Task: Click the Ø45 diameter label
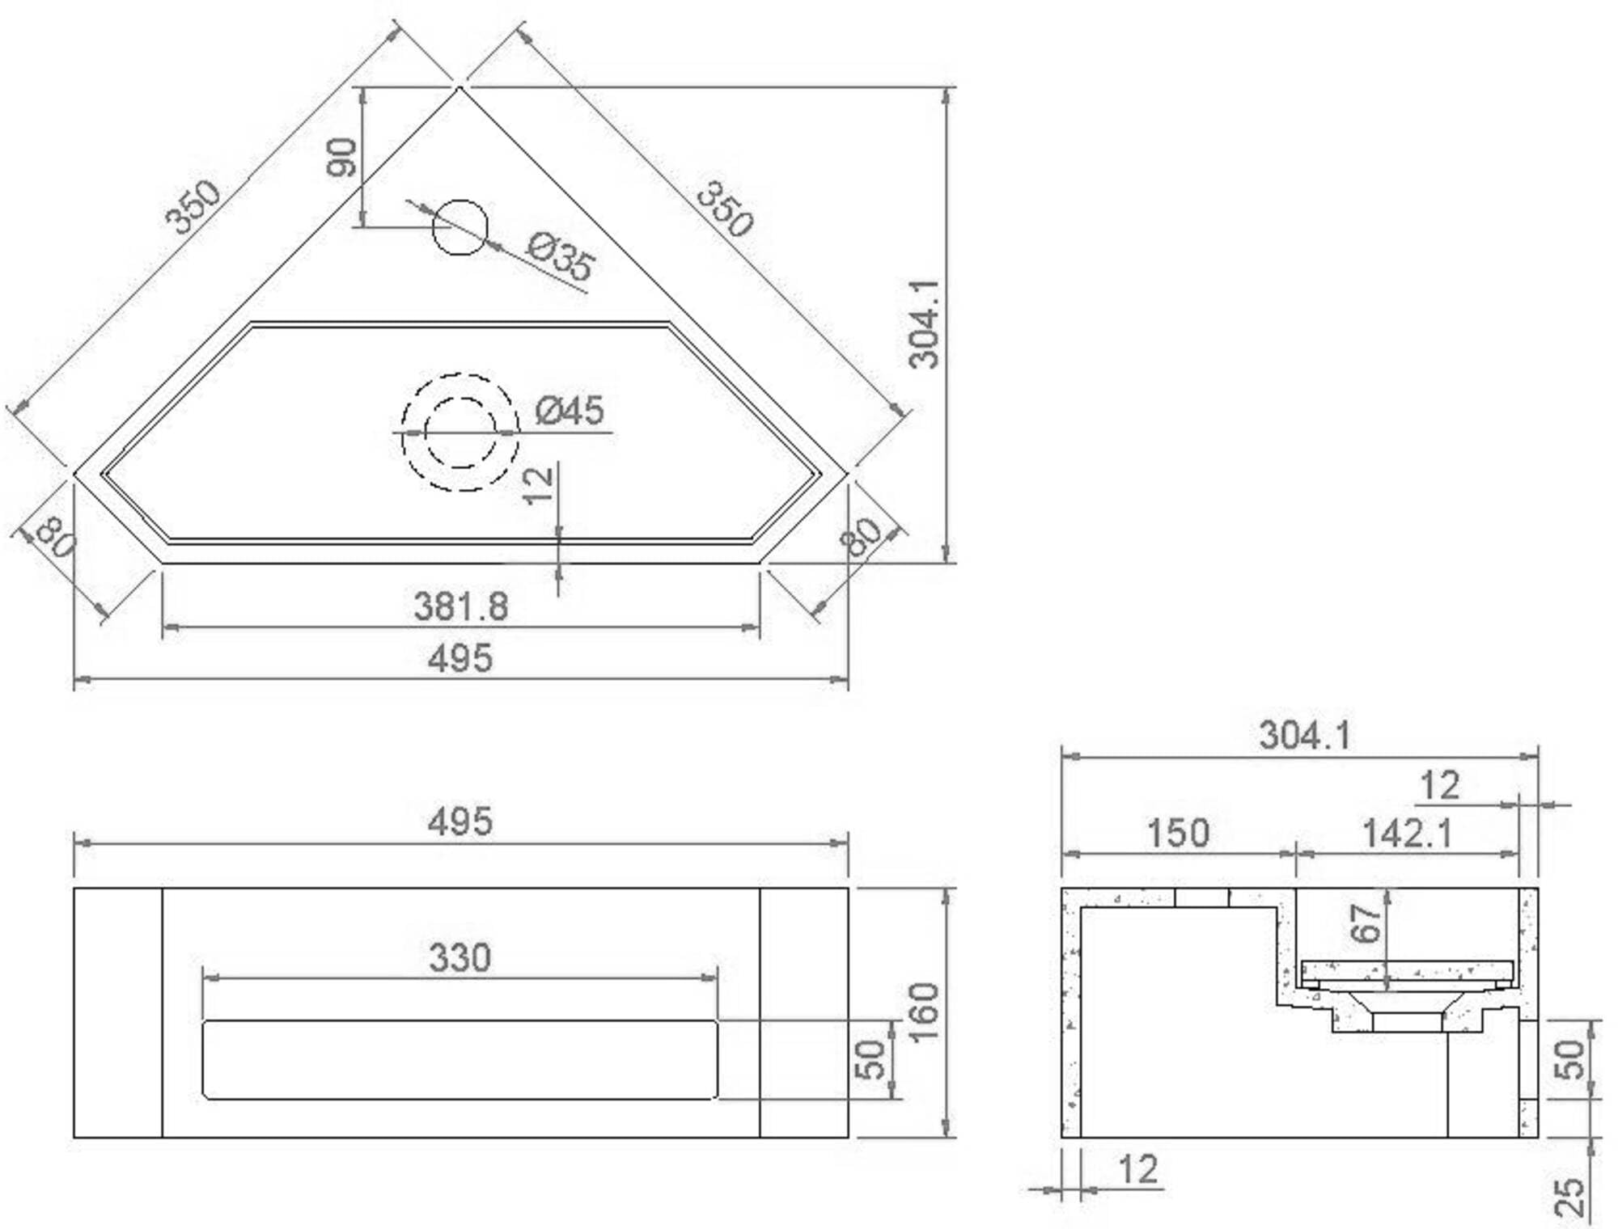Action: coord(570,411)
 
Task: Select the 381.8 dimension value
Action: coord(460,606)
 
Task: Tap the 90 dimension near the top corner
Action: coord(341,158)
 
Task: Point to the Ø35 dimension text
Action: coord(561,256)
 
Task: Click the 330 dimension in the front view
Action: coord(460,958)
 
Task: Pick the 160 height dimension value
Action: coord(923,1012)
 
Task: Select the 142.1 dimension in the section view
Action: coord(1408,834)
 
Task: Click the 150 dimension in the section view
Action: coord(1179,833)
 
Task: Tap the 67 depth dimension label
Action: coord(1366,924)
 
